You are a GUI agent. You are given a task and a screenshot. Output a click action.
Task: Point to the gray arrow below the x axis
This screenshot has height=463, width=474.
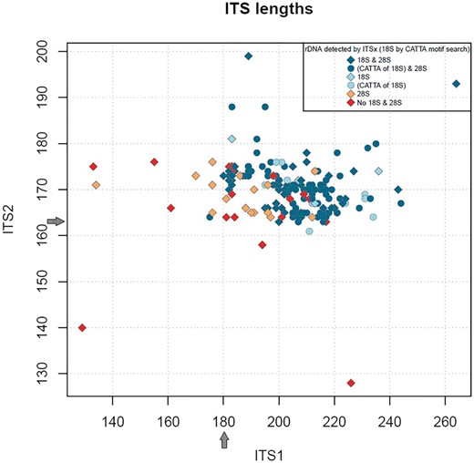tap(224, 439)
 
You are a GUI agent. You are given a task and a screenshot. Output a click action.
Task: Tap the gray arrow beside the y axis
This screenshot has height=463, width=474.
tap(56, 221)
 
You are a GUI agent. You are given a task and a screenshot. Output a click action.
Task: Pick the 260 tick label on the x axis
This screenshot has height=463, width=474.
tap(446, 423)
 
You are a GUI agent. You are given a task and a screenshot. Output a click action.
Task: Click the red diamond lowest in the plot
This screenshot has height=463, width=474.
tap(351, 383)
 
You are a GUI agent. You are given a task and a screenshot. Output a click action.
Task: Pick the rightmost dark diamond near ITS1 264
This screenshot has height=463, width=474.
tap(457, 84)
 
